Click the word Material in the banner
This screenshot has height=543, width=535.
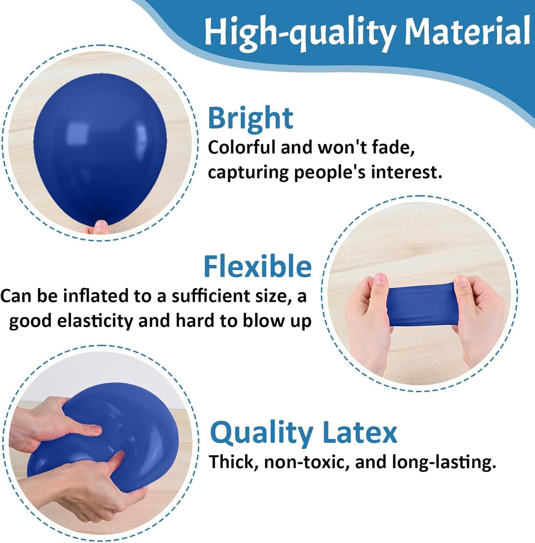pyautogui.click(x=467, y=31)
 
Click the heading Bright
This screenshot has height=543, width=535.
pyautogui.click(x=251, y=118)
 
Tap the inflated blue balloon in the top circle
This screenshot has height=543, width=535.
pyautogui.click(x=100, y=148)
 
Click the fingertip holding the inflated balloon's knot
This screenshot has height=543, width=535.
pyautogui.click(x=101, y=226)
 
